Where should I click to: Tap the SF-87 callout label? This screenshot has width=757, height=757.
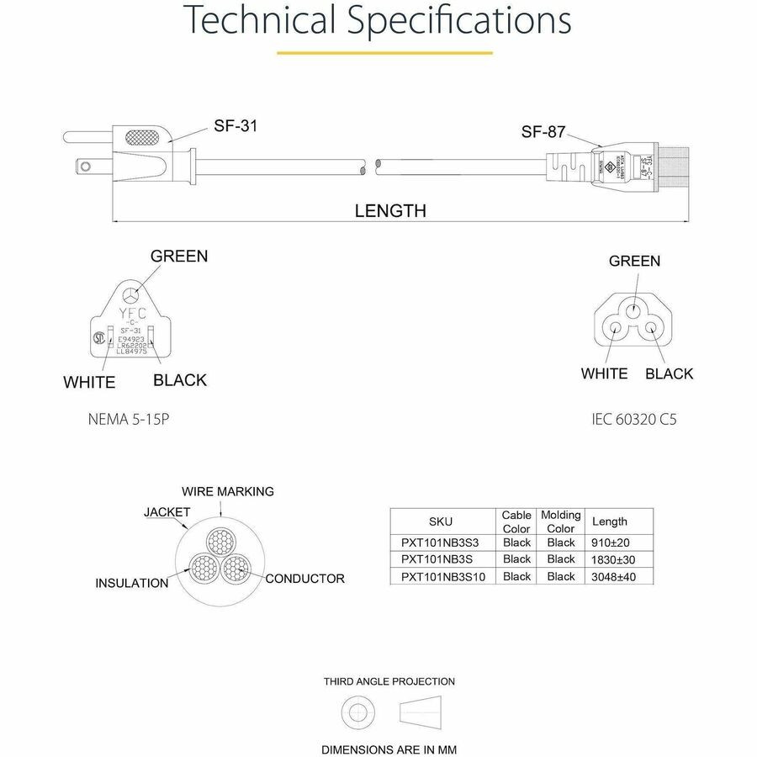[x=543, y=132]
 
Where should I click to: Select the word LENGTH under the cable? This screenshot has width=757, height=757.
[x=389, y=211]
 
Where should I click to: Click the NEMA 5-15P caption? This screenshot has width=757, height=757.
[x=129, y=418]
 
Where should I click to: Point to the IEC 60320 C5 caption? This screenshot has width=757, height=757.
[x=634, y=418]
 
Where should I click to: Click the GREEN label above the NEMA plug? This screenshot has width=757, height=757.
[x=178, y=256]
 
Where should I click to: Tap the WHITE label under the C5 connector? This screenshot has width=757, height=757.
[x=604, y=373]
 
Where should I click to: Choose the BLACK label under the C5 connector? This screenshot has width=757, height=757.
[x=670, y=373]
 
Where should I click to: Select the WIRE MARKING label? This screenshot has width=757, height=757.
[x=228, y=491]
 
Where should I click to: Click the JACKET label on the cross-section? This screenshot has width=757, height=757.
[x=167, y=511]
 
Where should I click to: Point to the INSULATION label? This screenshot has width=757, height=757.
[x=131, y=583]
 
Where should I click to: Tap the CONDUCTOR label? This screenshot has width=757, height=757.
[x=304, y=579]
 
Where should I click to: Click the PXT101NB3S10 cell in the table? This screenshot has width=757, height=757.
[x=442, y=576]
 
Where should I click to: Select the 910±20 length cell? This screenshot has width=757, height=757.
[x=611, y=543]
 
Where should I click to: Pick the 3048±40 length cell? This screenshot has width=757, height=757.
[x=611, y=576]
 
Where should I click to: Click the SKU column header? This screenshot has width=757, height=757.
[x=441, y=521]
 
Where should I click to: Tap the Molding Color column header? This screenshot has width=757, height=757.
[x=561, y=521]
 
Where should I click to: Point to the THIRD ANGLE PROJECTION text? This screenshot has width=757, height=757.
[x=389, y=681]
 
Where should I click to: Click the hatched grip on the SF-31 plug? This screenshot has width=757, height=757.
[x=140, y=136]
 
